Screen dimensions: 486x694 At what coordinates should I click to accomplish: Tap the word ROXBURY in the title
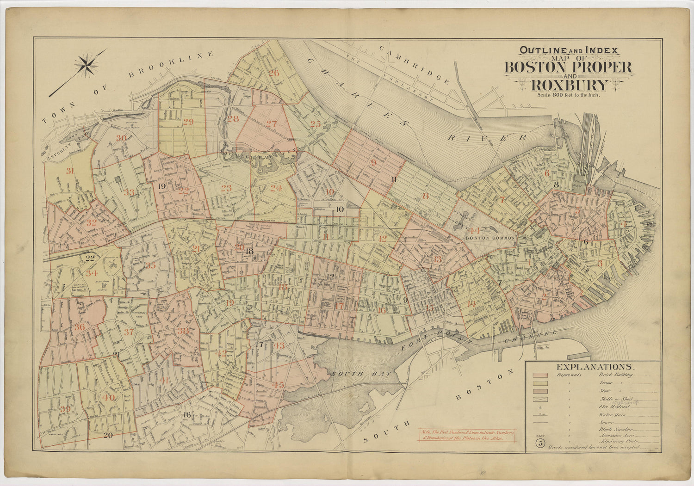pyautogui.click(x=570, y=86)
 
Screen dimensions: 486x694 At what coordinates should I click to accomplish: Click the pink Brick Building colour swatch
pyautogui.click(x=540, y=375)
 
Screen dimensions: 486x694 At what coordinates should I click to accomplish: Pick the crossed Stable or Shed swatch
pyautogui.click(x=540, y=399)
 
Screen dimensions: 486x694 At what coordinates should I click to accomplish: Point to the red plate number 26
pyautogui.click(x=274, y=73)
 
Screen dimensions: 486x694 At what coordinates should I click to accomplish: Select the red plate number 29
pyautogui.click(x=188, y=122)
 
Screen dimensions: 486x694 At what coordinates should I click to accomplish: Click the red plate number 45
pyautogui.click(x=278, y=384)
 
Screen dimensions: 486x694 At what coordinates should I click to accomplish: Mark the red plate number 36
pyautogui.click(x=79, y=327)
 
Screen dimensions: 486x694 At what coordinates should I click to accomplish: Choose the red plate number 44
pyautogui.click(x=474, y=231)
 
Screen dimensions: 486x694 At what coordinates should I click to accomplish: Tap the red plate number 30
pyautogui.click(x=121, y=138)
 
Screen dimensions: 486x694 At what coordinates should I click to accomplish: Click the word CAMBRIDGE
pyautogui.click(x=414, y=65)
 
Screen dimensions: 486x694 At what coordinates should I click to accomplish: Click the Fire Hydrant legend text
pyautogui.click(x=614, y=406)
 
